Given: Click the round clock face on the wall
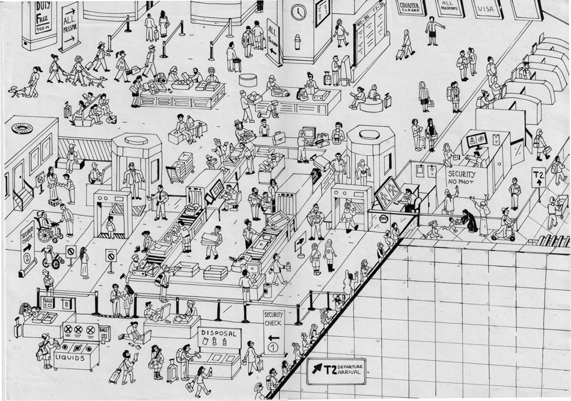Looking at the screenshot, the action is [x=298, y=11].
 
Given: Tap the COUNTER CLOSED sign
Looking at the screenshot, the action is [x=411, y=7].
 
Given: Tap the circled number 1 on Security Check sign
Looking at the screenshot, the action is [x=273, y=347].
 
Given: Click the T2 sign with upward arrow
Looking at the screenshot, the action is [x=539, y=178].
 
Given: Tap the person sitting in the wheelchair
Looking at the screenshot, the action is [x=45, y=224].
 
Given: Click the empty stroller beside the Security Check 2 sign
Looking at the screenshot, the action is [x=52, y=258].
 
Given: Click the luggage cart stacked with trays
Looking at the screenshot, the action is [x=180, y=168].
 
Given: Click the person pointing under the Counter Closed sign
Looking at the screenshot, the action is [x=433, y=29].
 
